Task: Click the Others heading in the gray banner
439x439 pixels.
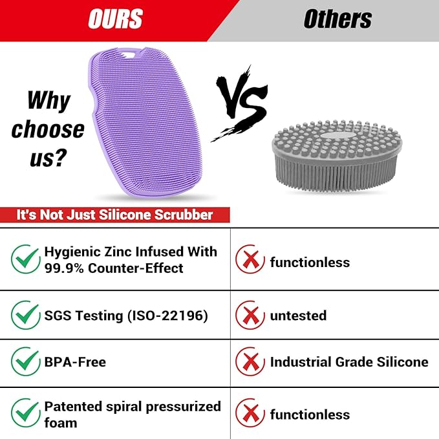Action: pos(337,19)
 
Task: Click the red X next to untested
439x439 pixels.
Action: pos(250,315)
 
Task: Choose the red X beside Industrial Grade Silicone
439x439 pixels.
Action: pos(250,361)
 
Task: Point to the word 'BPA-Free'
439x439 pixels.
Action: pos(75,362)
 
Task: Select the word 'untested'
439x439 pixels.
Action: pos(298,316)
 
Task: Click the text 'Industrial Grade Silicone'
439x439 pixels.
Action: pos(349,361)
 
